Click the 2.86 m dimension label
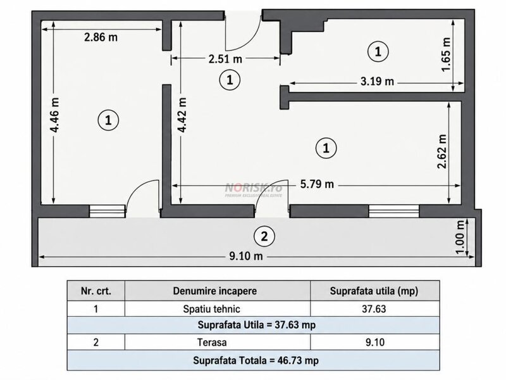click(x=101, y=37)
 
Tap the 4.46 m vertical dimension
click(x=54, y=115)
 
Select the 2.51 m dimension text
click(x=225, y=59)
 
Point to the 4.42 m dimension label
click(x=182, y=115)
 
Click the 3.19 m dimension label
click(x=377, y=81)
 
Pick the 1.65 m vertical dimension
click(x=446, y=54)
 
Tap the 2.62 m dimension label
click(x=441, y=151)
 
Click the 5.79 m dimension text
click(x=317, y=184)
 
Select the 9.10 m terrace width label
click(x=246, y=256)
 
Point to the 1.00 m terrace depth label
click(x=460, y=237)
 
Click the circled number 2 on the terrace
click(x=264, y=236)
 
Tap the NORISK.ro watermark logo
click(x=254, y=189)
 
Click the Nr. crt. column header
click(x=96, y=291)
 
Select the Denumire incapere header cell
click(x=215, y=291)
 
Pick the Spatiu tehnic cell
click(x=212, y=309)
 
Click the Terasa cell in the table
click(x=212, y=342)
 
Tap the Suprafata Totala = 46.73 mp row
click(x=256, y=360)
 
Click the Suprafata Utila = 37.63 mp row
click(x=257, y=325)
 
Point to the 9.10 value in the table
click(x=375, y=342)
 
